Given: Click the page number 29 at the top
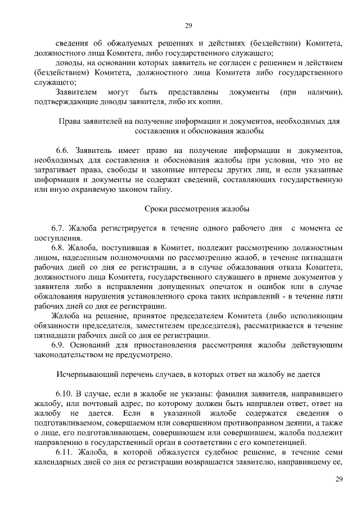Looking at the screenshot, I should [188, 25].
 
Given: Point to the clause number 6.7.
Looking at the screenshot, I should [59, 228].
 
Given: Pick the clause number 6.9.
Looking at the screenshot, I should [59, 345].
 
